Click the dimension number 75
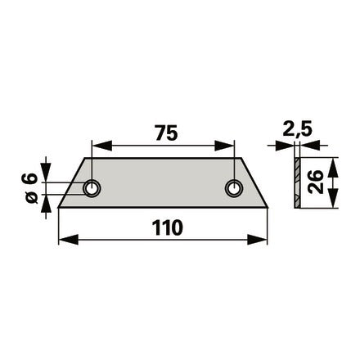[x=166, y=133]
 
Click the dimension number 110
[x=167, y=228]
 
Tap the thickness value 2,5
[x=297, y=129]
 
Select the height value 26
[x=316, y=182]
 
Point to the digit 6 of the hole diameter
[x=29, y=178]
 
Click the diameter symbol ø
[x=32, y=197]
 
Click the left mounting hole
[x=92, y=188]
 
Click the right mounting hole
[x=234, y=188]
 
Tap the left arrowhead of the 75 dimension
[x=102, y=146]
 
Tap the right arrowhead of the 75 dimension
[x=224, y=146]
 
